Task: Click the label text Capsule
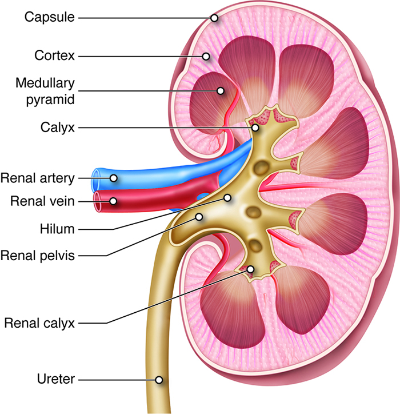[50, 17]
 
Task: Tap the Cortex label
[55, 56]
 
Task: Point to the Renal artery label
[38, 178]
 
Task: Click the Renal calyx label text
[39, 323]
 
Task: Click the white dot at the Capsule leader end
[214, 18]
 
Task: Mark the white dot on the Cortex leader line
[206, 56]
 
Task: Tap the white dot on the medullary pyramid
[221, 90]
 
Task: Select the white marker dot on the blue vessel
[114, 178]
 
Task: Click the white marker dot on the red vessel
[114, 201]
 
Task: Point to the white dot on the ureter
[159, 379]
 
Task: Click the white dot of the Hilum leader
[227, 198]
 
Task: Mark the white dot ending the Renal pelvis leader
[199, 217]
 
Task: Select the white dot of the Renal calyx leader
[250, 269]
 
